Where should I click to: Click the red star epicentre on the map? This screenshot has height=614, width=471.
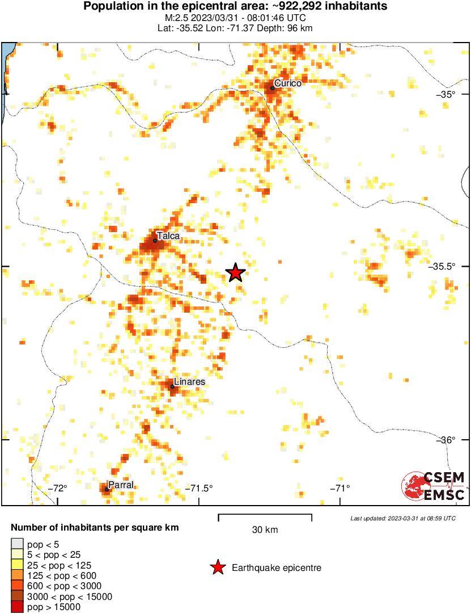click(x=236, y=273)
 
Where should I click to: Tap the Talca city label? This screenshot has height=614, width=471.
click(x=168, y=235)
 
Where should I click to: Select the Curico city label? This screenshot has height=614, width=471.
click(x=288, y=83)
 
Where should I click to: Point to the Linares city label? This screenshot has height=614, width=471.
click(x=189, y=382)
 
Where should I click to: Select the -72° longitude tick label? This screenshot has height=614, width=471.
click(x=58, y=488)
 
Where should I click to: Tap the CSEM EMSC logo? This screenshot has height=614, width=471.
click(x=434, y=487)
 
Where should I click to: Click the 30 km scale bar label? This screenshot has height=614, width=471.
click(x=265, y=530)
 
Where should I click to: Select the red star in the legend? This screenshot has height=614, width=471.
click(x=217, y=567)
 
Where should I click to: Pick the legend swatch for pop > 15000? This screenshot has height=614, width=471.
click(x=17, y=607)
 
